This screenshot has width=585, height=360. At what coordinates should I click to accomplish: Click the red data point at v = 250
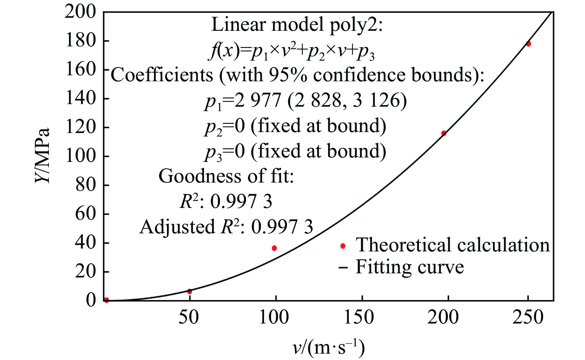point(528,44)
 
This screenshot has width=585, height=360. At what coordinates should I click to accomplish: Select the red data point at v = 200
point(443,133)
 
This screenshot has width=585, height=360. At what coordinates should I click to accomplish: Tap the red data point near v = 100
point(274,248)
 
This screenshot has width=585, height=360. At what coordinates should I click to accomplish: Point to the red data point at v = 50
point(189,291)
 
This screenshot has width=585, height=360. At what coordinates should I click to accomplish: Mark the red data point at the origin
point(106,300)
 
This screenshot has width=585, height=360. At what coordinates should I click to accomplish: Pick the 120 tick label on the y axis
point(80,127)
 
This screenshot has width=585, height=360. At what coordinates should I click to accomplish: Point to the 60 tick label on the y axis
point(85,214)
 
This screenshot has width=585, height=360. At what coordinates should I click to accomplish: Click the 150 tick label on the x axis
point(359,317)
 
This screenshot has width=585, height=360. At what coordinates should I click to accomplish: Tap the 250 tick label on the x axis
point(528,317)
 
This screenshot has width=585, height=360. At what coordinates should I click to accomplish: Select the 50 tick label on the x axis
point(189,317)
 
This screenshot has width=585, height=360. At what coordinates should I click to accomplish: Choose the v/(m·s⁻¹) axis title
point(329,347)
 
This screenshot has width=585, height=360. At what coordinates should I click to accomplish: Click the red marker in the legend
point(342,246)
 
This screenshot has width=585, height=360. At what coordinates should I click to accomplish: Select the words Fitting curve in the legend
point(409,267)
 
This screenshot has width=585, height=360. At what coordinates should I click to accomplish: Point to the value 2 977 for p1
point(257,101)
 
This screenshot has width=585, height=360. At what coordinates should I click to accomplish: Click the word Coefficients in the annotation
point(162,75)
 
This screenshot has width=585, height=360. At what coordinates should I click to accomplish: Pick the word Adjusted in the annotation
point(177,227)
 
